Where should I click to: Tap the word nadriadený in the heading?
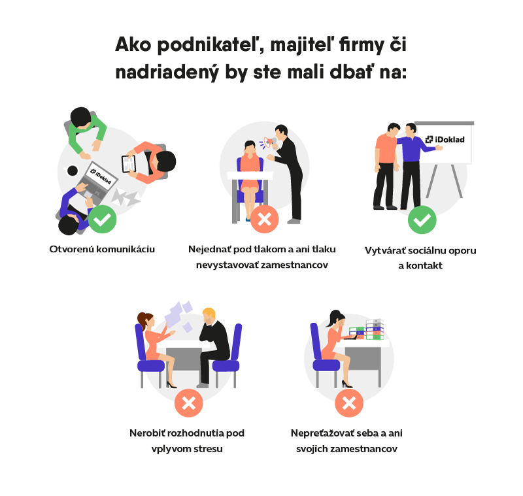[167, 73]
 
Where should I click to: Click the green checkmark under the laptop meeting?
[103, 220]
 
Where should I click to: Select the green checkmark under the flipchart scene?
[422, 220]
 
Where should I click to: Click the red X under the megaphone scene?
[265, 220]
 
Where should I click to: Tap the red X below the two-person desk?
[188, 403]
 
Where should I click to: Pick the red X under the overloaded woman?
[349, 403]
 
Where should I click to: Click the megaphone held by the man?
[269, 142]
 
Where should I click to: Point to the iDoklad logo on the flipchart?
[445, 140]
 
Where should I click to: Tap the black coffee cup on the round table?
[72, 171]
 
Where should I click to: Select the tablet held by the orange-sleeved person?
[128, 164]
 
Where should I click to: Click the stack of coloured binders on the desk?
[366, 329]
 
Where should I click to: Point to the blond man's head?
[209, 316]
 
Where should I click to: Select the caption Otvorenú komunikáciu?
[102, 250]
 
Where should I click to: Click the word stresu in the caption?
[207, 449]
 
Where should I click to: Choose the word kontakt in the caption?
[424, 266]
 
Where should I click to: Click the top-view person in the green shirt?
[85, 131]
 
